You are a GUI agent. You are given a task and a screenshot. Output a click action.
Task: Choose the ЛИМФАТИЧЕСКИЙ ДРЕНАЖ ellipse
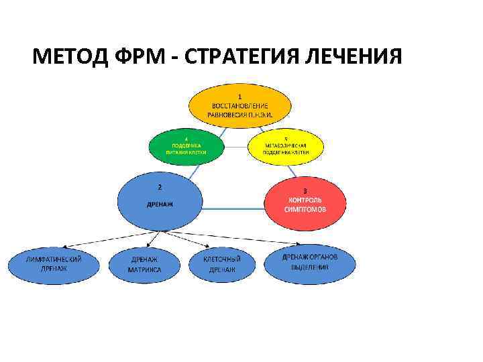pyautogui.click(x=54, y=264)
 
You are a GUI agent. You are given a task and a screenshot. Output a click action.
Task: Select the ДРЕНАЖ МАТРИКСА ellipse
pyautogui.click(x=144, y=265)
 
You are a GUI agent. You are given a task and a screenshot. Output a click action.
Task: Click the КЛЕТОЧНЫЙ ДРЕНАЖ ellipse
pyautogui.click(x=222, y=264)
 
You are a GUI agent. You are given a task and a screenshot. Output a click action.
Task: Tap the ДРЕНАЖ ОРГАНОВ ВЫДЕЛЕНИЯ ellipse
pyautogui.click(x=309, y=263)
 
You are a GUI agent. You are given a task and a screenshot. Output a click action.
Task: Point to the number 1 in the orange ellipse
pyautogui.click(x=240, y=96)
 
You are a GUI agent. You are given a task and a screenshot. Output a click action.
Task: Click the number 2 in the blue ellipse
pyautogui.click(x=159, y=186)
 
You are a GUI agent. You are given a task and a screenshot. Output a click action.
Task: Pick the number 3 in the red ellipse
pyautogui.click(x=305, y=190)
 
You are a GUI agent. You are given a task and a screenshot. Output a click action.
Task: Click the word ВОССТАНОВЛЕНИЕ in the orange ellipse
pyautogui.click(x=240, y=105)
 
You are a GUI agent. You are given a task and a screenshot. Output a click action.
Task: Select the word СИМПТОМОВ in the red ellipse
pyautogui.click(x=305, y=209)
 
